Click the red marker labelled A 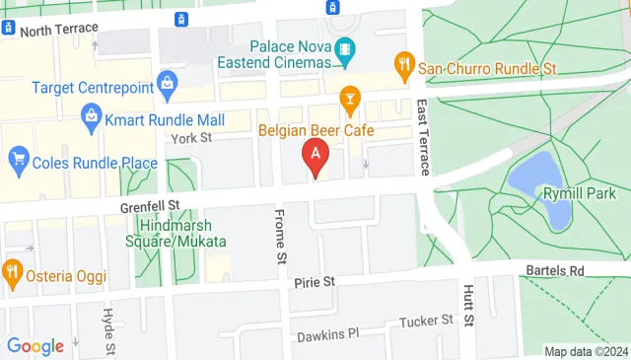315,156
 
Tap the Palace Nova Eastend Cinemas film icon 345,47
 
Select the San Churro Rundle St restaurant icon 403,66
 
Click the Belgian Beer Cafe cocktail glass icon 348,97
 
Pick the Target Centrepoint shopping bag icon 168,82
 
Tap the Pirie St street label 315,282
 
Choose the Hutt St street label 469,308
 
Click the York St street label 192,138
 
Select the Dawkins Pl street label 325,332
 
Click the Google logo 35,345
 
